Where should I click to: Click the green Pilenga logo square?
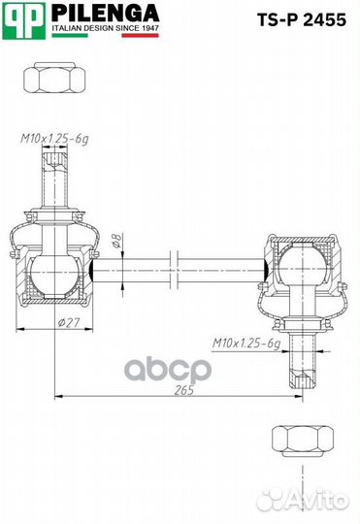click(23, 20)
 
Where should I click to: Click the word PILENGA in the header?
click(106, 14)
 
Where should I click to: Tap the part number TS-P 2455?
click(301, 19)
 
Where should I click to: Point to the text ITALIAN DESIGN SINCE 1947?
click(105, 28)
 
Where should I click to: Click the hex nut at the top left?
click(54, 78)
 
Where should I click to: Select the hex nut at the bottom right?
click(303, 441)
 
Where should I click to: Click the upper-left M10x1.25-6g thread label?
click(54, 139)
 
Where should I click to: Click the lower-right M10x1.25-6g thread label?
click(246, 343)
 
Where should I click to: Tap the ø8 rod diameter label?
click(116, 241)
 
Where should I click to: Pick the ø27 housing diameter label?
click(69, 322)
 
